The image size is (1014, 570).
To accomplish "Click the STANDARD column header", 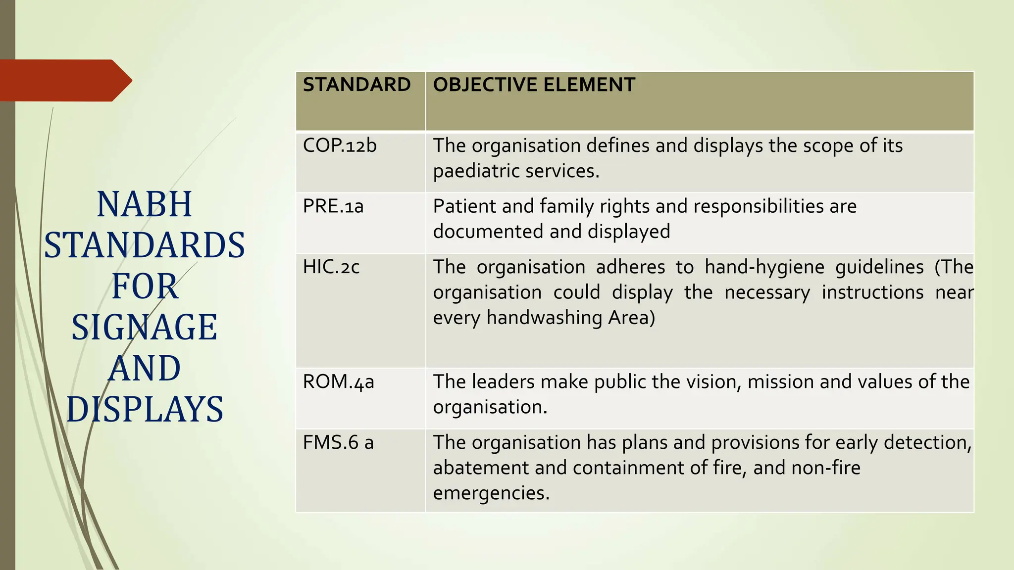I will coord(356,85).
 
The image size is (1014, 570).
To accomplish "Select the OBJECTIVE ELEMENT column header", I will coord(534,85).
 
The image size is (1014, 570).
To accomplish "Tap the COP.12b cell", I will coord(340,145).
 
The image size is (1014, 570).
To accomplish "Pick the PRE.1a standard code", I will coord(333,206).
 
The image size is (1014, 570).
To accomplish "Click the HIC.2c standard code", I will coord(331,267).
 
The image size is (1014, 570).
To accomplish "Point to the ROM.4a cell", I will coord(339,382).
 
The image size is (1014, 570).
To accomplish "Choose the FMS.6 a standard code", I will coord(338,442).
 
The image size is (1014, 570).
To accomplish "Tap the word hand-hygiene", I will coord(764,267).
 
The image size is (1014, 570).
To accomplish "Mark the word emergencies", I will coord(491,493).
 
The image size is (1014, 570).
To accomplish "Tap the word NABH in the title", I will coord(144,204).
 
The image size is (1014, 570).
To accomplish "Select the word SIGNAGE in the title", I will coord(144,327).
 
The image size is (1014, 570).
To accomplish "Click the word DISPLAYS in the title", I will coord(145,409).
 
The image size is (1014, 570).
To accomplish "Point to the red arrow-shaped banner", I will coord(64,80).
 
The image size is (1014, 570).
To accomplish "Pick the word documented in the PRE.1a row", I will coord(488,232).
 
